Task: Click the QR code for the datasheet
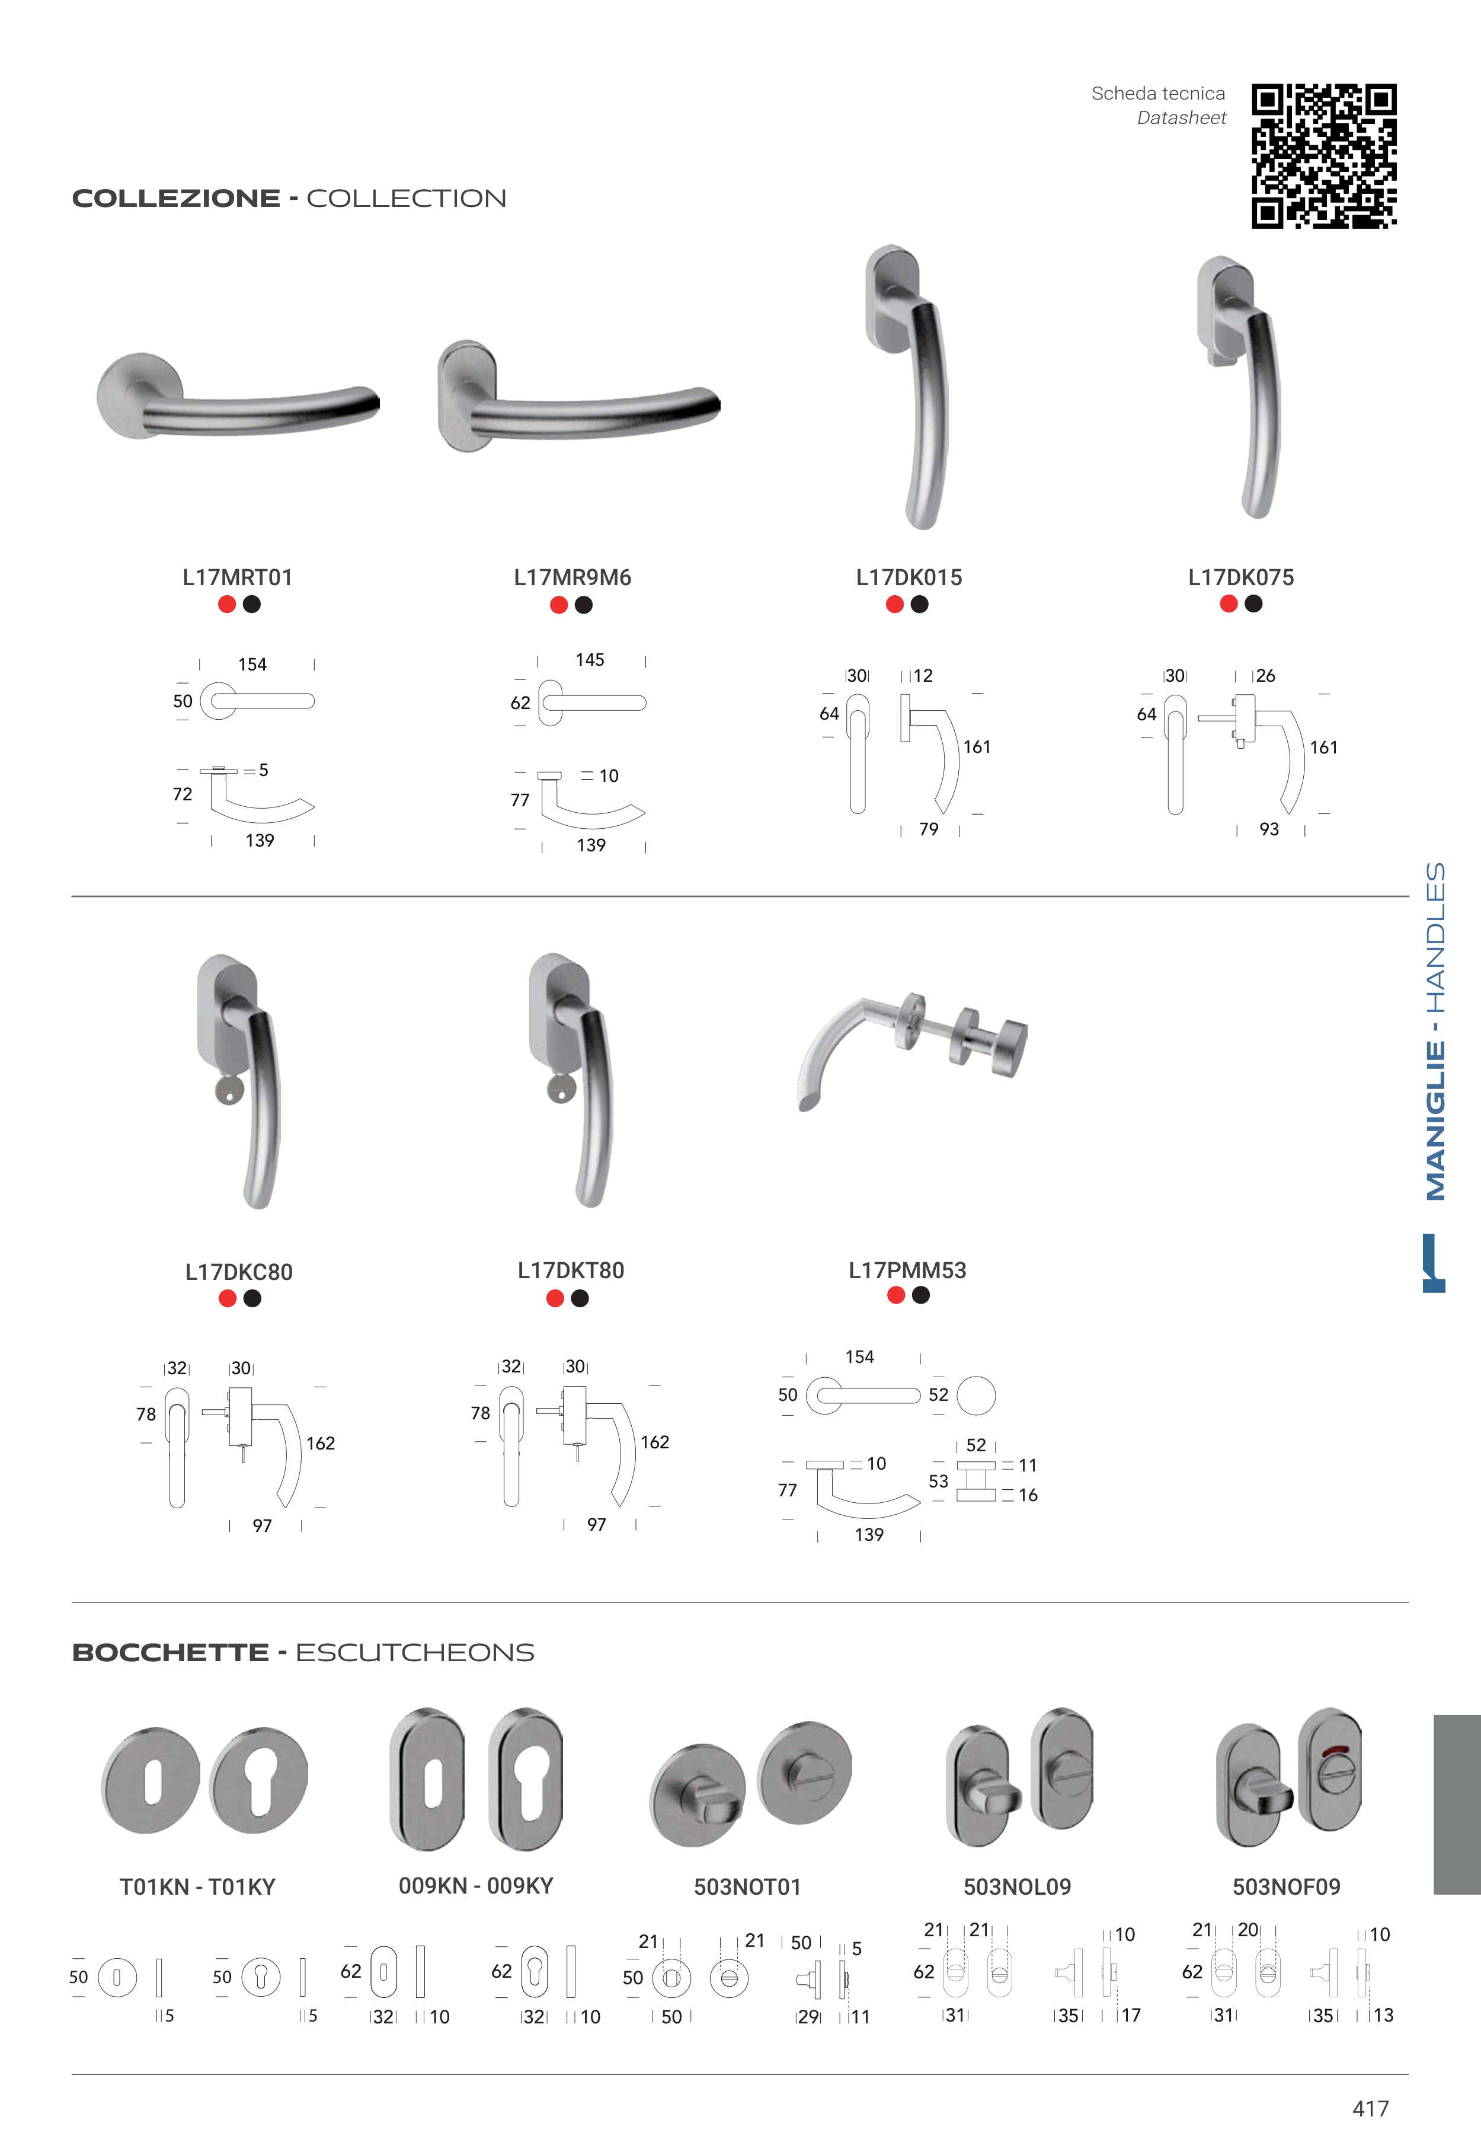1323,156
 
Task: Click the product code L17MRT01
238,577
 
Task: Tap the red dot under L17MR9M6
559,605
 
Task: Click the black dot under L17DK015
920,604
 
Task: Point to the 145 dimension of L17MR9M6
590,660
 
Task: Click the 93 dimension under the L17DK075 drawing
1269,829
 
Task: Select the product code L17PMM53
907,1270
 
